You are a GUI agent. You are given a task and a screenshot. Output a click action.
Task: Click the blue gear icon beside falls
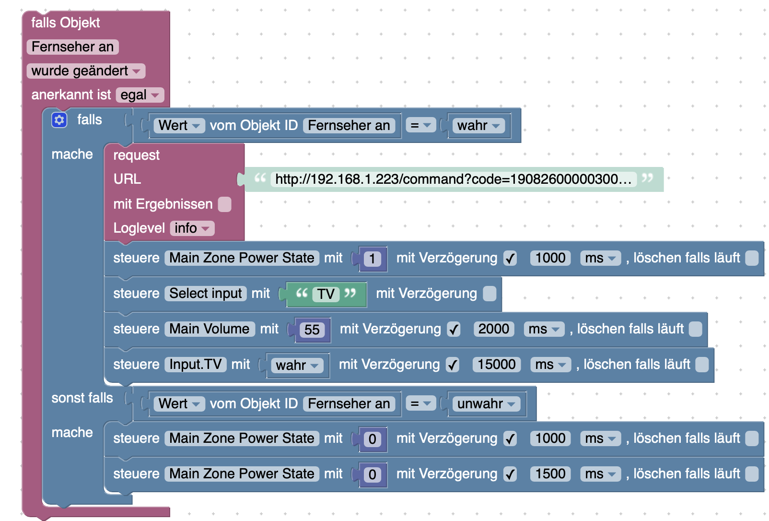coord(59,120)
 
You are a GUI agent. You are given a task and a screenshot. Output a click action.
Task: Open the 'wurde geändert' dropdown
coord(86,71)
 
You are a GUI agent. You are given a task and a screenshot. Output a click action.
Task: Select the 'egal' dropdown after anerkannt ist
coord(140,95)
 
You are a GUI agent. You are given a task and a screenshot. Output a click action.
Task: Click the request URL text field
coord(453,179)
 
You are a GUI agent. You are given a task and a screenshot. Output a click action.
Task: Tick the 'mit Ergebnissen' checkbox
coord(224,204)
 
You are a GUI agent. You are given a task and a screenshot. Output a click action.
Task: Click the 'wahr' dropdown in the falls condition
coord(478,126)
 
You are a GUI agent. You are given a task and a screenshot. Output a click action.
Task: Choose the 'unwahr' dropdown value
coord(486,404)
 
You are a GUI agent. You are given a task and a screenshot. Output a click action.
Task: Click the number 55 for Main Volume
coord(312,330)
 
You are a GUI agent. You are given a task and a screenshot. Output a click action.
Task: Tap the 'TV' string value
coord(326,294)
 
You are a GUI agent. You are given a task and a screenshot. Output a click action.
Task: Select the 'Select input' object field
coord(206,294)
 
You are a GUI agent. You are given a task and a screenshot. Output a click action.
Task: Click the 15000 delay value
coord(496,365)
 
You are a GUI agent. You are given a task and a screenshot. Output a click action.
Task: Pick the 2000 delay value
coord(493,329)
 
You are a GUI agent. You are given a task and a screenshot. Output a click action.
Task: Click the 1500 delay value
coord(550,474)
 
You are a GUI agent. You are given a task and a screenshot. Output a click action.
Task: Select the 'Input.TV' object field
coord(195,365)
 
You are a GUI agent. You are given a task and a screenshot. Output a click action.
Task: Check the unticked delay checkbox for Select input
coord(489,294)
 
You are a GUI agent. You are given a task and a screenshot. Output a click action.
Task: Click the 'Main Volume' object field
coord(210,329)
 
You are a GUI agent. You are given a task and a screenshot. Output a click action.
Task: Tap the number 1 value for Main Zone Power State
coord(372,259)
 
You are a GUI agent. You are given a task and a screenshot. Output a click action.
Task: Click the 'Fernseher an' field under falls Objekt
coord(72,47)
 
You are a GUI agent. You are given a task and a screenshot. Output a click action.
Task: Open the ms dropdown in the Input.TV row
coord(550,365)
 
